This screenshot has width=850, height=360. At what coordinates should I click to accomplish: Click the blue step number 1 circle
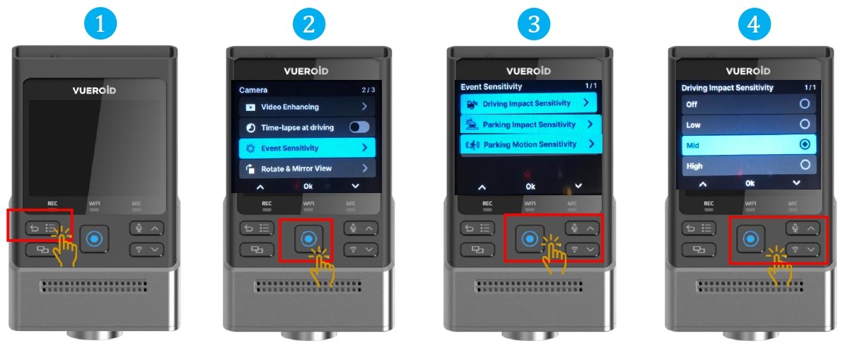[100, 23]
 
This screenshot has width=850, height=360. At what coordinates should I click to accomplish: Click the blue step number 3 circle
[534, 23]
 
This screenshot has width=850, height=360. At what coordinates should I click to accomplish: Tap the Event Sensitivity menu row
[307, 148]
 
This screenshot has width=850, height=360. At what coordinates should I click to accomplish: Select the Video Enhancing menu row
[307, 107]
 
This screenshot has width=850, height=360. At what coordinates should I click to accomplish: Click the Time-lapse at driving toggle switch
[359, 127]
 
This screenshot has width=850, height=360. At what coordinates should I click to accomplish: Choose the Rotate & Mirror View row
[307, 168]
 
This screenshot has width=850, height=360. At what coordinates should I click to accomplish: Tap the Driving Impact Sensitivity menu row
[528, 103]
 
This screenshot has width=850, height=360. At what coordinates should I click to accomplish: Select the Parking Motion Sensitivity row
[531, 144]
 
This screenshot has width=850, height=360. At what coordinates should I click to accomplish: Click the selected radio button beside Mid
[805, 144]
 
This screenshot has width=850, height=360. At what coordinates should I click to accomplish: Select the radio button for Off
[805, 103]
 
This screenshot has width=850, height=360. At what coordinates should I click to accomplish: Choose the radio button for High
[805, 165]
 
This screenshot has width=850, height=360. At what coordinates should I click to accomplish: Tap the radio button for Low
[805, 124]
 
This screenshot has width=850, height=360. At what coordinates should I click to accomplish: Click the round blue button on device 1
[94, 239]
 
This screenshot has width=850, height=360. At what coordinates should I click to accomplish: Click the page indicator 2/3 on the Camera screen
[368, 90]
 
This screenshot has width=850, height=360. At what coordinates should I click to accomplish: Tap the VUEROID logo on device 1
[94, 91]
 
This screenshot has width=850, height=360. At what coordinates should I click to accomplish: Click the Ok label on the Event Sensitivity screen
[530, 187]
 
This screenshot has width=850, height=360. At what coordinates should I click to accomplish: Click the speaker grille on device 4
[750, 286]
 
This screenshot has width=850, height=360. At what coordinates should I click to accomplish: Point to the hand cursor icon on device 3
[554, 253]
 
